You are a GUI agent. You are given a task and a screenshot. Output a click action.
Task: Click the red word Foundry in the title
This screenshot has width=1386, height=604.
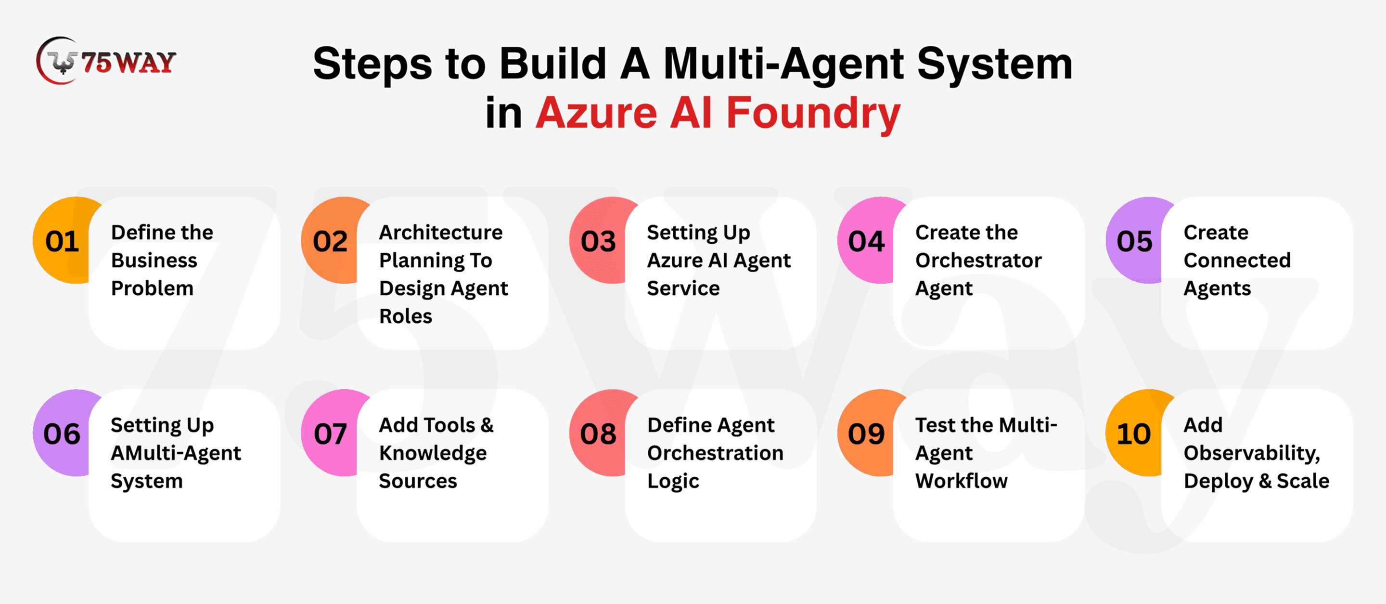point(813,114)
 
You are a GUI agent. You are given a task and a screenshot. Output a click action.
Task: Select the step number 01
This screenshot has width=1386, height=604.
point(63,241)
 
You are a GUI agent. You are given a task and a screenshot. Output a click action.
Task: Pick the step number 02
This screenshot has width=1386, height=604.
point(330,241)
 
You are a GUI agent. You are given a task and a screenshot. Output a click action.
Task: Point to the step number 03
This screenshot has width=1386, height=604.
point(598,241)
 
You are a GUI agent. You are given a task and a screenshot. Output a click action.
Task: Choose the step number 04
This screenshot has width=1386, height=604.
point(866,241)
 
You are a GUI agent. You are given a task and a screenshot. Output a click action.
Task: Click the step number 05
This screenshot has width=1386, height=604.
point(1134,241)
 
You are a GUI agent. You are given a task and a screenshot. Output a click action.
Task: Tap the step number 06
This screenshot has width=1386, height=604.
point(62,434)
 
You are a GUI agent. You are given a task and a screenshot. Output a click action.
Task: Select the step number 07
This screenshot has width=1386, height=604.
point(330,434)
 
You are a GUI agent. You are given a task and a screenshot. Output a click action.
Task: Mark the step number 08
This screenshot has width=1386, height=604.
point(598,434)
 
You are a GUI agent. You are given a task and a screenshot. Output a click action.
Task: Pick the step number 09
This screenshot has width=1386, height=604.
point(866,434)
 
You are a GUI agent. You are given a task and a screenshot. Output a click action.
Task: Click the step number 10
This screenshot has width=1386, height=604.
point(1134,434)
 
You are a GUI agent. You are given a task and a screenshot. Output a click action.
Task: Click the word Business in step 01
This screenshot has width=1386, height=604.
point(154,261)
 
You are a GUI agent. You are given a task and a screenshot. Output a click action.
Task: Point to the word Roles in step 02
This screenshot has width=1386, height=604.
point(406,316)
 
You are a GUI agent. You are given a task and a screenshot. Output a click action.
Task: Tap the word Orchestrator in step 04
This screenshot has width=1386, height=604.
point(978,261)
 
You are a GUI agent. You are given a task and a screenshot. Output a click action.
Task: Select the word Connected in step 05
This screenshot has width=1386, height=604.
point(1237,261)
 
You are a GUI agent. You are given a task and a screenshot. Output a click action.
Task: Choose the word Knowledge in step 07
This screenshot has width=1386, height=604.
point(433,453)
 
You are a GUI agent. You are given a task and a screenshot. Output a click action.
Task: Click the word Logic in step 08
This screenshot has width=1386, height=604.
point(673,481)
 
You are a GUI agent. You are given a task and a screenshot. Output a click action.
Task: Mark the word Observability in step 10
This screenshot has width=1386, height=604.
point(1251,453)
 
